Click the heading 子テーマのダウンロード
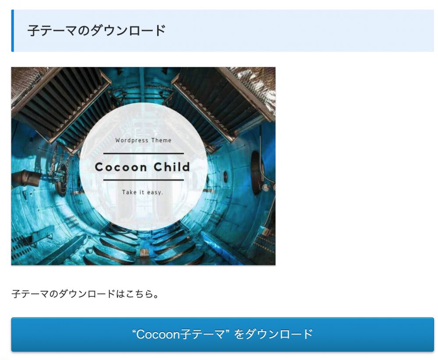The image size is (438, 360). point(97,31)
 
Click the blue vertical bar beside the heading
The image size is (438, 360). point(13,31)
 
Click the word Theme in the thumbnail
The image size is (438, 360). point(162,140)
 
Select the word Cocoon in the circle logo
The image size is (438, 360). point(121,167)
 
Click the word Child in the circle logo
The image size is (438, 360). point(172,167)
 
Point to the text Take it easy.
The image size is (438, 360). point(142,192)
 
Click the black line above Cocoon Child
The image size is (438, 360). point(144,153)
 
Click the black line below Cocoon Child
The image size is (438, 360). point(144,180)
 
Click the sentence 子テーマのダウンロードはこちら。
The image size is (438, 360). point(85,294)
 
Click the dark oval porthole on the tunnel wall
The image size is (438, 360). point(256,173)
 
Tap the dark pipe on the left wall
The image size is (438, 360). point(27,177)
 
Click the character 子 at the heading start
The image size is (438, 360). point(34,31)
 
